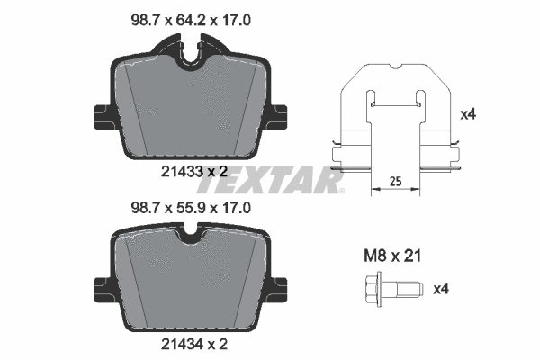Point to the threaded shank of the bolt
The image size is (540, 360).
pyautogui.click(x=408, y=290)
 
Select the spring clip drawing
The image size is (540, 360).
pyautogui.click(x=395, y=121)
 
